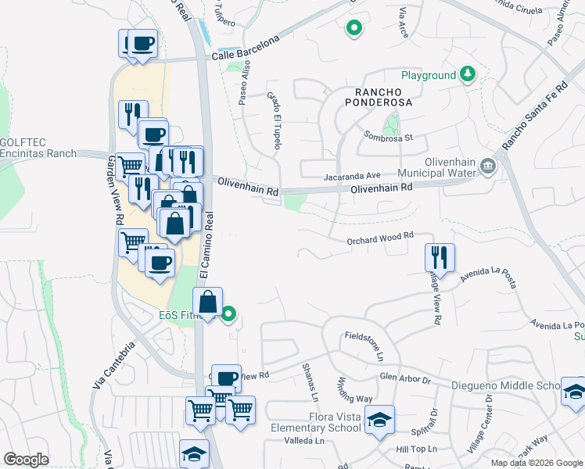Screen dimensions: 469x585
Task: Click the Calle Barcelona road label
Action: tap(245, 49)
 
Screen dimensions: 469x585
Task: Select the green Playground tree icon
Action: tap(468, 74)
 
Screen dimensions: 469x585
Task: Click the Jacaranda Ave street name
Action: tap(351, 176)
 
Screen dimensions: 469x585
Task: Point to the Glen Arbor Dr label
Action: tap(405, 378)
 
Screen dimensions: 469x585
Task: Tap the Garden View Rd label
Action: tap(111, 187)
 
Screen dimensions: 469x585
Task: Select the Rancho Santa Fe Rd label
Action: tap(533, 117)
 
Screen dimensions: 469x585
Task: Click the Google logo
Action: tap(27, 460)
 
